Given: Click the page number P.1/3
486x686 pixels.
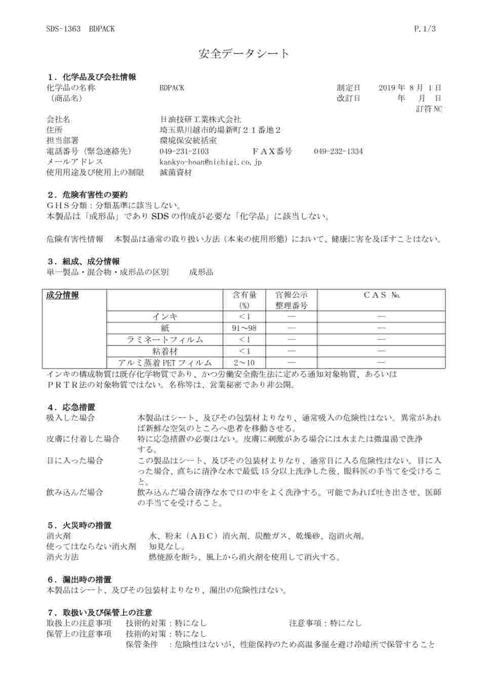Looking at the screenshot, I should [425, 29].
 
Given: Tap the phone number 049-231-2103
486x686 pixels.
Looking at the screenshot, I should [184, 151].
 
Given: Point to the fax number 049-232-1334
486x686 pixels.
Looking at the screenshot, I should [338, 151].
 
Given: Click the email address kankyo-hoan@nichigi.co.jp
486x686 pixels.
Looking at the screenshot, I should [210, 162].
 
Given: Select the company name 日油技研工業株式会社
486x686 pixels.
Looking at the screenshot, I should [200, 120].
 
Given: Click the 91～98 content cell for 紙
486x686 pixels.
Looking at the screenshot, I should [244, 328].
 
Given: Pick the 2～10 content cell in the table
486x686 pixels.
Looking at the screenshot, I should [244, 362].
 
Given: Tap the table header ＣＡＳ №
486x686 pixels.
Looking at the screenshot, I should [381, 295].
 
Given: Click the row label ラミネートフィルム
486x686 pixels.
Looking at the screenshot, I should [165, 340].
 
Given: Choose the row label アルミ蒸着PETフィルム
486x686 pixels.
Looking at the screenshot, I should [165, 362].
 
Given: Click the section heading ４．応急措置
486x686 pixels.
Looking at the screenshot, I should [71, 407].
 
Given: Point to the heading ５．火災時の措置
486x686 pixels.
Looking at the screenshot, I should [79, 525].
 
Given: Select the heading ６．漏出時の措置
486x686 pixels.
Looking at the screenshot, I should [79, 579].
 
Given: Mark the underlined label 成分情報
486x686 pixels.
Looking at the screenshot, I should [63, 295].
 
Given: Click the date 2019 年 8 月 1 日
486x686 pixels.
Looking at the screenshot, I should [410, 87].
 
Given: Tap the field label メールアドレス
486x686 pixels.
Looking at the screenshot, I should [74, 162].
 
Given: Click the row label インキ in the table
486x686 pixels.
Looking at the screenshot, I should [165, 316].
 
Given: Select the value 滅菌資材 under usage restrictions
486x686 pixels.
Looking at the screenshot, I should [176, 172].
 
